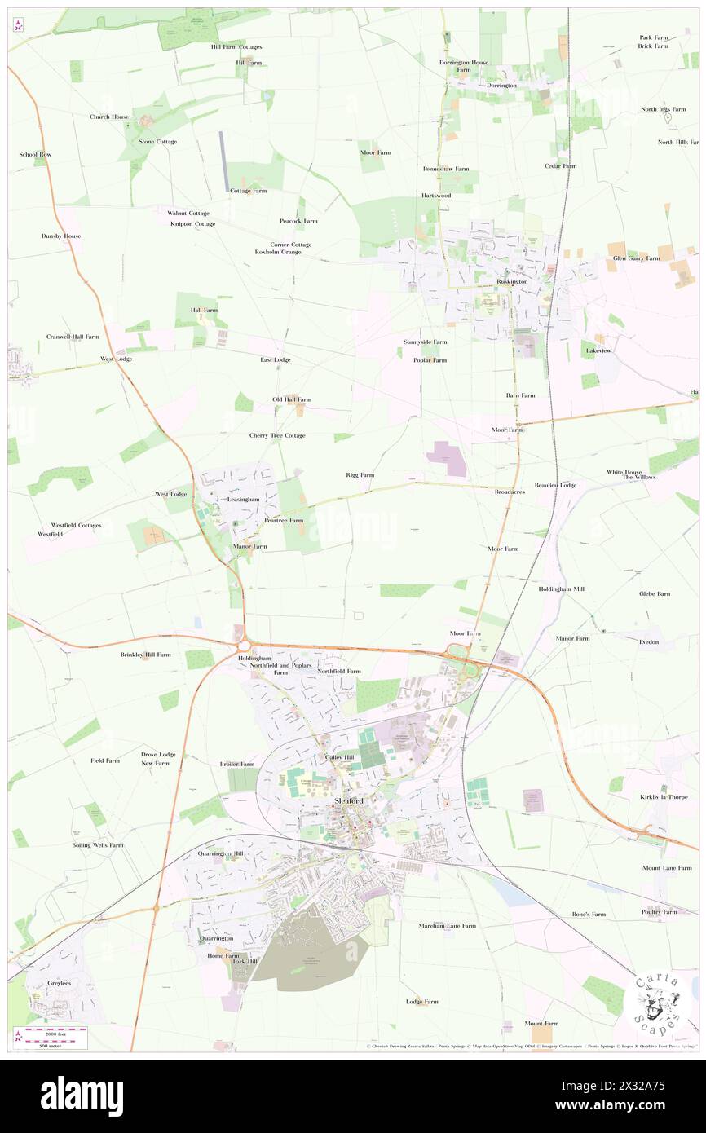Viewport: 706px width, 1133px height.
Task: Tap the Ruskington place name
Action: pos(513,281)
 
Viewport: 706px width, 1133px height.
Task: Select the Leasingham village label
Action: pos(243,499)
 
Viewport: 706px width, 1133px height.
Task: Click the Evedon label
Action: pos(649,642)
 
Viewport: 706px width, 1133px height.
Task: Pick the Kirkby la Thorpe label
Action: pos(664,796)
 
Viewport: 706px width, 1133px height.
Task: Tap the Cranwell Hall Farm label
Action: pos(73,337)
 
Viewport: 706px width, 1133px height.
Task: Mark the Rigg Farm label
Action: pos(360,474)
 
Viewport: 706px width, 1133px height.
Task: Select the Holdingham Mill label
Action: pos(561,589)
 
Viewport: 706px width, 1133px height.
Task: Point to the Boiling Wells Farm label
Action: pos(98,845)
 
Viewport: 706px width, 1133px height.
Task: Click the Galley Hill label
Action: pos(340,757)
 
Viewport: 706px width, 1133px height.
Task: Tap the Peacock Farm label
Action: pos(298,221)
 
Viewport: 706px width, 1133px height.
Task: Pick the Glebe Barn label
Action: pos(654,593)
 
